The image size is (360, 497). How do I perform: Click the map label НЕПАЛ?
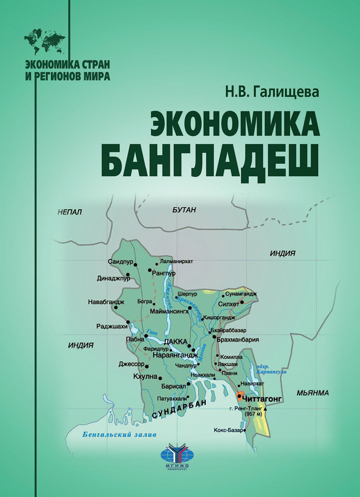70,212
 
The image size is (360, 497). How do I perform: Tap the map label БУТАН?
184,210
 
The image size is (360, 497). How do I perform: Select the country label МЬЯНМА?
312,393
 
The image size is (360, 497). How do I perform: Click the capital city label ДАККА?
175,341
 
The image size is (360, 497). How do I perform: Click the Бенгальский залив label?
120,434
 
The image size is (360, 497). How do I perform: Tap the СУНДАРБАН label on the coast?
180,409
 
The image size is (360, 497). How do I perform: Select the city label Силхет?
229,304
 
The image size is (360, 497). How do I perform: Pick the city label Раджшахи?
112,326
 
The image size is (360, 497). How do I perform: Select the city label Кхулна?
145,377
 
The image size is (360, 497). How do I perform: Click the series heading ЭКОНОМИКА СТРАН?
67,64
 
